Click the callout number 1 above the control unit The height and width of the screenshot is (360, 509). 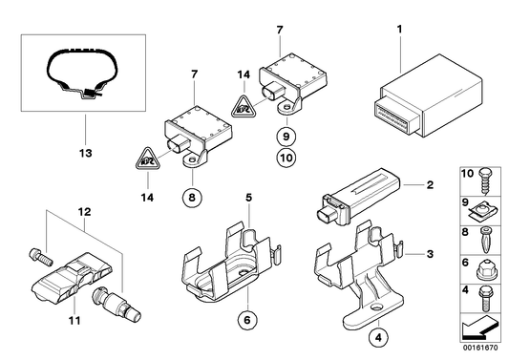pyautogui.click(x=397, y=31)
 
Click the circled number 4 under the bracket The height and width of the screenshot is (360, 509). pyautogui.click(x=381, y=335)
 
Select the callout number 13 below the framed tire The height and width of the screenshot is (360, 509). pyautogui.click(x=83, y=151)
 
